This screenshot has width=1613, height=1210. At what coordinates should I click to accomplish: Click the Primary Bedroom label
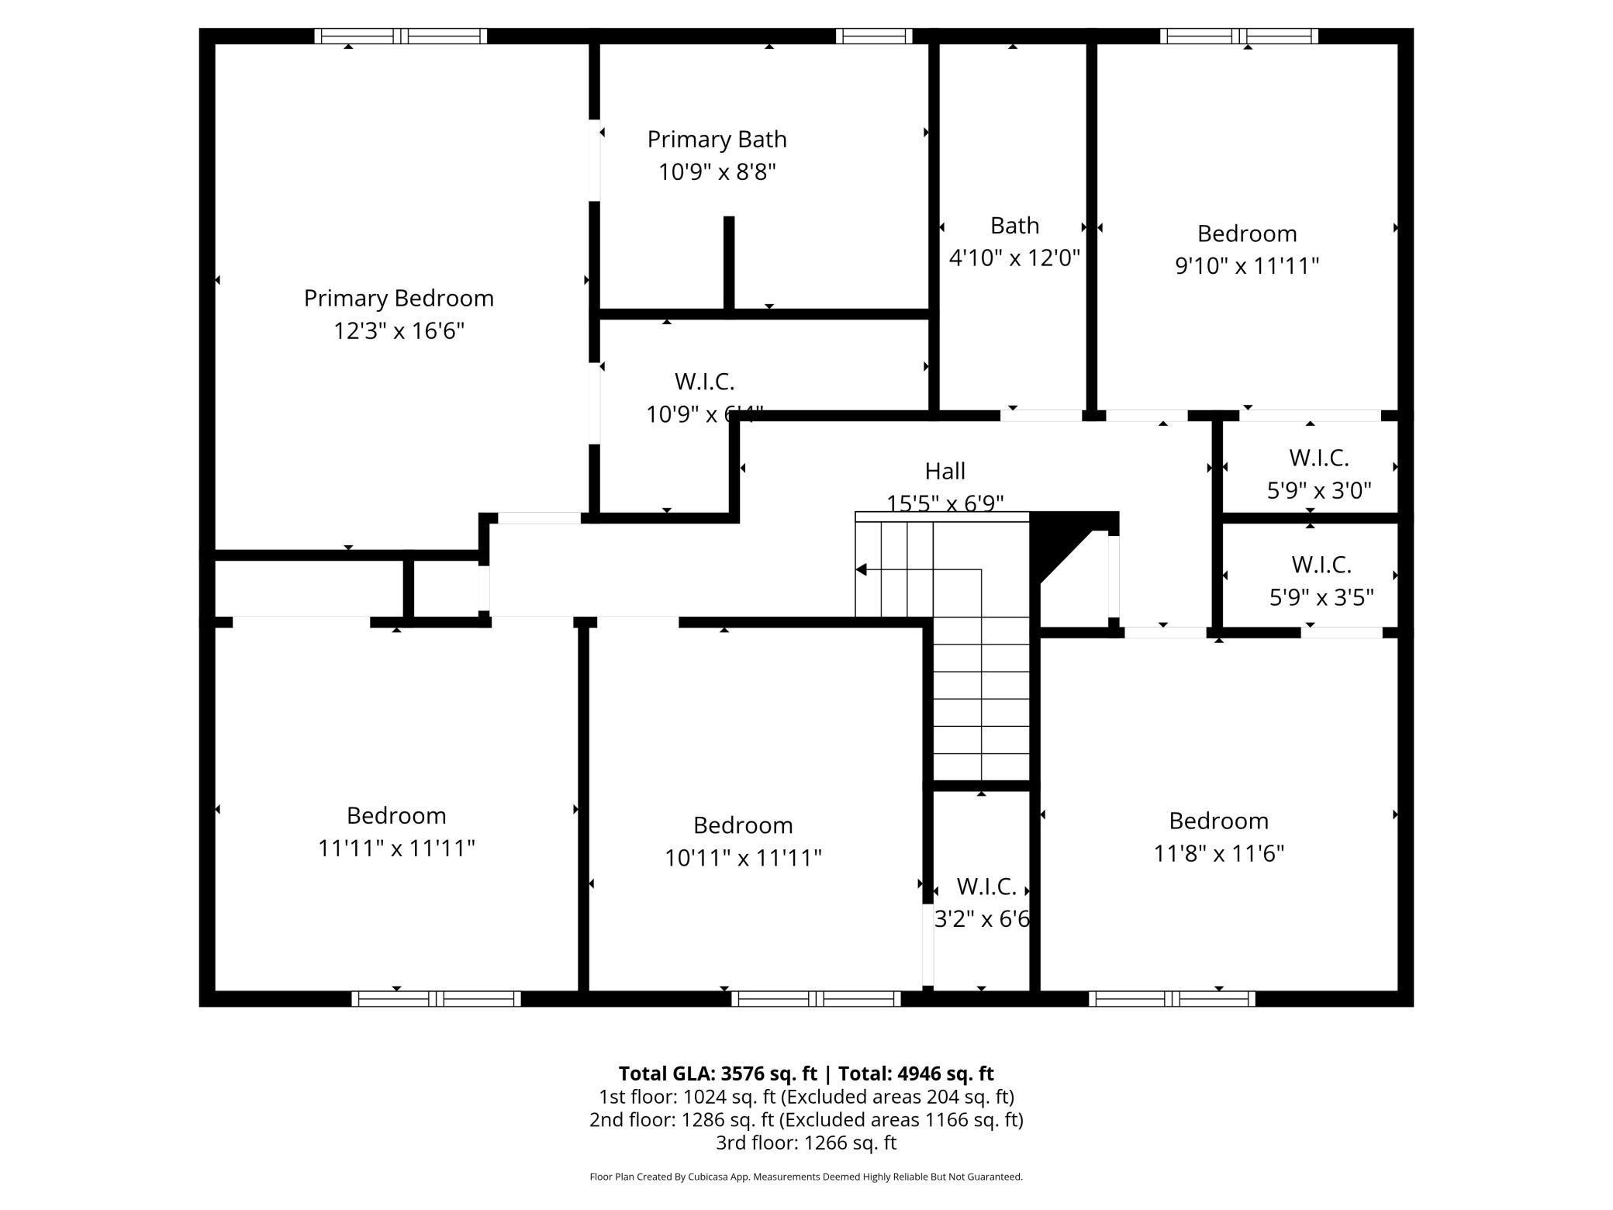tap(399, 299)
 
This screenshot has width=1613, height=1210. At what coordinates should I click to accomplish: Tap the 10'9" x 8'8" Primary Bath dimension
tap(717, 171)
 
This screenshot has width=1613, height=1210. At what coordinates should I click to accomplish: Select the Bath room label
tap(1014, 226)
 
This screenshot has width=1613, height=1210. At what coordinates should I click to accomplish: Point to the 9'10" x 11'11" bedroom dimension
tap(1247, 266)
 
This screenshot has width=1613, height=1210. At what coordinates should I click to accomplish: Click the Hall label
tap(945, 471)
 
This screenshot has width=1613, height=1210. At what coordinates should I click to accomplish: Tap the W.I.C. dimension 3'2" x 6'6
tap(982, 919)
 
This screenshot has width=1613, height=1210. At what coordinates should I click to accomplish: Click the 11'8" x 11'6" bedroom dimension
tap(1218, 853)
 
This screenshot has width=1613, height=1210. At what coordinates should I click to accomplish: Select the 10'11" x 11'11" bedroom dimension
tap(743, 858)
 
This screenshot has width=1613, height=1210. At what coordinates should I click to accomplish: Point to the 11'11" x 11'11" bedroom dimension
tap(396, 849)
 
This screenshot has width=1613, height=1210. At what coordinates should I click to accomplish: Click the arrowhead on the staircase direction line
tap(861, 570)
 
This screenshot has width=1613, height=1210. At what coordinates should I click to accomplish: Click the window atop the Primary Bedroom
tap(400, 36)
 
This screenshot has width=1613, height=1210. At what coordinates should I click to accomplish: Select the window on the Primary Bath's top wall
tap(874, 36)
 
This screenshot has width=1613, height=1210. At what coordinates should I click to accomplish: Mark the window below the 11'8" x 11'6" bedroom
tap(1171, 999)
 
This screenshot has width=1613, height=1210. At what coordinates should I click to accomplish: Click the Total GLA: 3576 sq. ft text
tap(717, 1073)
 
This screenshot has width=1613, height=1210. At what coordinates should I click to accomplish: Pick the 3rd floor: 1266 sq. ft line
tap(806, 1143)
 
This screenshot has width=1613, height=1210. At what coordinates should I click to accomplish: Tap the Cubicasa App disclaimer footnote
tap(806, 1177)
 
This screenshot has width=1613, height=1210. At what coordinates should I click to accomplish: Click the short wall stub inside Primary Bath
tap(729, 264)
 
